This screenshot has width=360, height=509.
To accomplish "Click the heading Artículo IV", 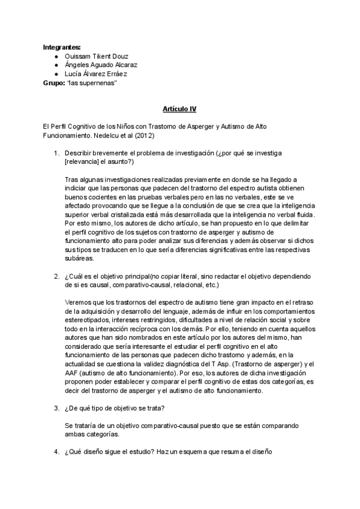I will coord(179,109).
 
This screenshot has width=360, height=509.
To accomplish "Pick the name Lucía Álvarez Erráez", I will coord(95,74).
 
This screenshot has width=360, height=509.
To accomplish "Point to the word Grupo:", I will coord(55,83).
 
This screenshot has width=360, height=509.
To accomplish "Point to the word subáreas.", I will coord(79,259).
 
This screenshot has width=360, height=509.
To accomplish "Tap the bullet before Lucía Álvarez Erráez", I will coord(56,74).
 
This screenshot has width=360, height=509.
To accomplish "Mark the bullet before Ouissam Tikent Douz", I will coord(56,56).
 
